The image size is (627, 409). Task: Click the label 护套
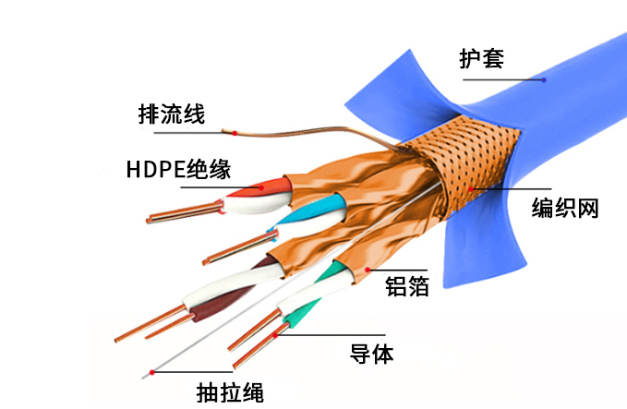pos(481,58)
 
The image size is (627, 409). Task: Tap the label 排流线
pos(172,114)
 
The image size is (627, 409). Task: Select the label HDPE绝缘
pos(179,169)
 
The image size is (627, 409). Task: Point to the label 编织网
pos(565,208)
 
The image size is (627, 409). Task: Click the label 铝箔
pos(407,286)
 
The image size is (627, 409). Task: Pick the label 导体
pos(372,354)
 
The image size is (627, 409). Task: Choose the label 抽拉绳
pos(230,392)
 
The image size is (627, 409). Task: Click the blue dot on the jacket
pos(544,80)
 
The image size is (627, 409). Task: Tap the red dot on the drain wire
pos(235,133)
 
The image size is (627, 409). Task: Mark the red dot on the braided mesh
pos(471,189)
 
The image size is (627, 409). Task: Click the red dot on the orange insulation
pos(261,187)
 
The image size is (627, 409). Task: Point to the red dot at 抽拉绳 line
pos(152,372)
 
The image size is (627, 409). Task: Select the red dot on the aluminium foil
pos(368,271)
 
